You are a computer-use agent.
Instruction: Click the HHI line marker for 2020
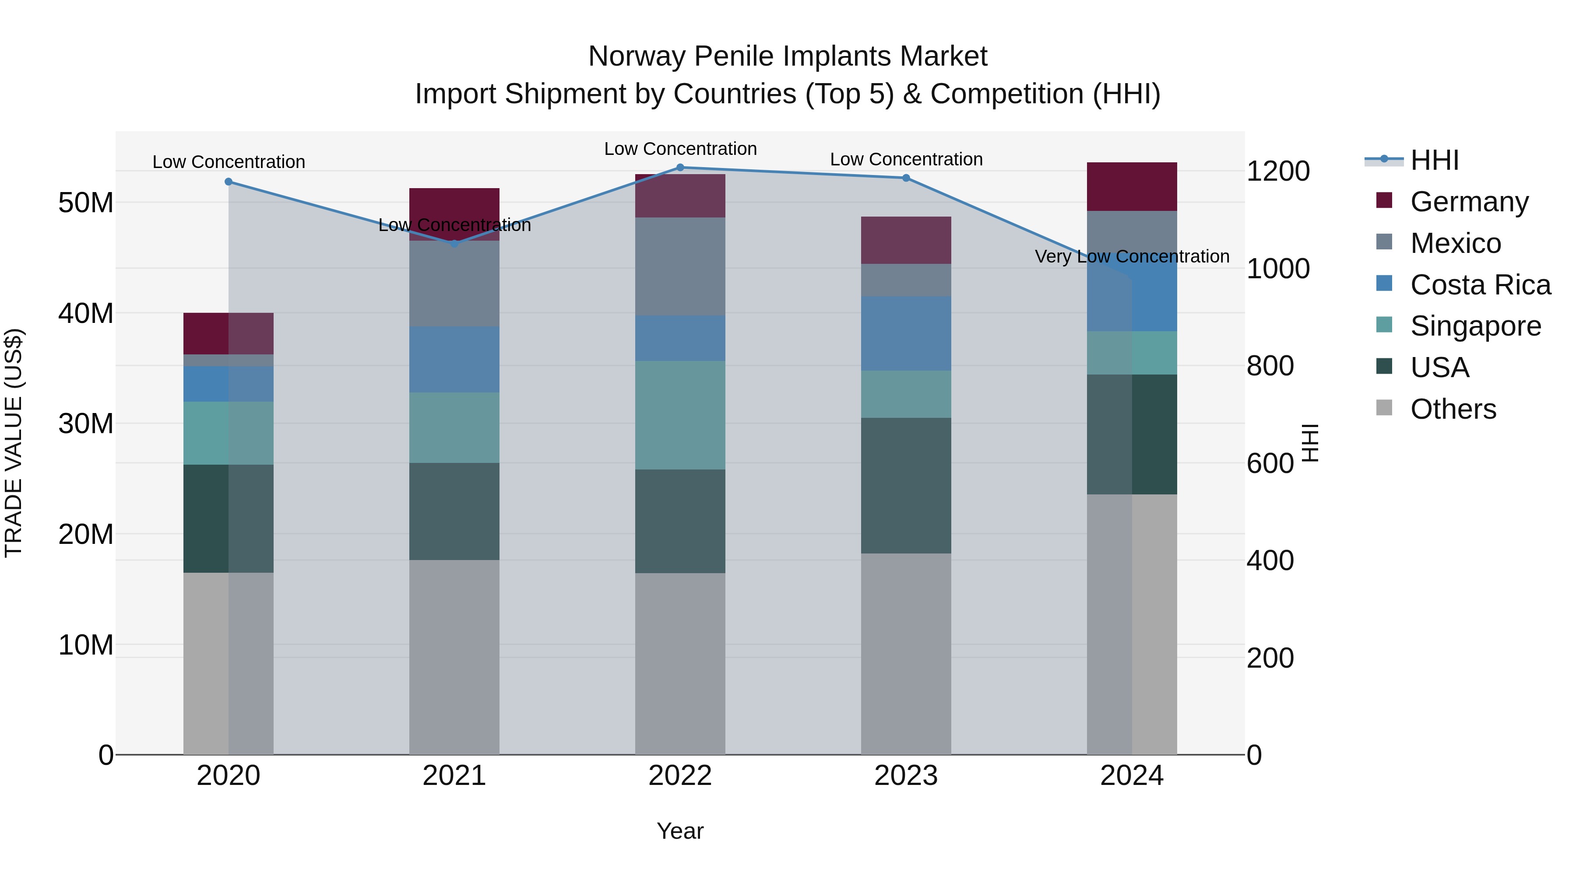tap(228, 182)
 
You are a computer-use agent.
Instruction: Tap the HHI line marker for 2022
tap(680, 168)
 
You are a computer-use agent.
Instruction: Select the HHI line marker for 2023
tap(906, 178)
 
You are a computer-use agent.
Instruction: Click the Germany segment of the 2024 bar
tap(1131, 186)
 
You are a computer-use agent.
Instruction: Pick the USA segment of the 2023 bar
tap(906, 486)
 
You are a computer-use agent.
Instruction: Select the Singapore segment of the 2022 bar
tap(680, 415)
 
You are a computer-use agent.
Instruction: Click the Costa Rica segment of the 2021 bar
tap(454, 360)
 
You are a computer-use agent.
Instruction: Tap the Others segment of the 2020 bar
tap(228, 663)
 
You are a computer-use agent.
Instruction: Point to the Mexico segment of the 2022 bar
tap(680, 266)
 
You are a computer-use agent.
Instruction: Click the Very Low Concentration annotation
tap(1131, 256)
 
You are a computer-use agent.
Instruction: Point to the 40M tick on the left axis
tap(86, 313)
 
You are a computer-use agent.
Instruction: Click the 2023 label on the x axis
tap(906, 776)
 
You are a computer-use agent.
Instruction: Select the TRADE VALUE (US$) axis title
tap(14, 443)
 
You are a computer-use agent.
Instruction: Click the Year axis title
tap(680, 831)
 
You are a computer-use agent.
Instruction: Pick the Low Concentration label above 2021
tap(454, 225)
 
